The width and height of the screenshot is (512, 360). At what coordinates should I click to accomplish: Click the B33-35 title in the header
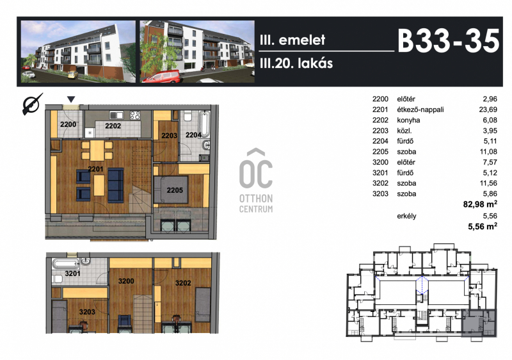(x=449, y=41)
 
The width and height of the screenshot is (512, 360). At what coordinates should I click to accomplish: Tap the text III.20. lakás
(x=296, y=63)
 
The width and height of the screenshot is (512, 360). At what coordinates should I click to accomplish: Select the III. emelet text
(x=292, y=40)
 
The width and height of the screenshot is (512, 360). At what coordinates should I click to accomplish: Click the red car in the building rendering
(x=162, y=76)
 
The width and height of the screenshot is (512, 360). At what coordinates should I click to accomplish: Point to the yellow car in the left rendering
(x=73, y=75)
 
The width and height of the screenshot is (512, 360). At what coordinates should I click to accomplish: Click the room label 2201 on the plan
(x=95, y=169)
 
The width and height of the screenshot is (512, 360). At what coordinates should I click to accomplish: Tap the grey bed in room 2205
(x=171, y=190)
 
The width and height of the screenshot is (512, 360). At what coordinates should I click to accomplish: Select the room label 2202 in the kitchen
(x=113, y=126)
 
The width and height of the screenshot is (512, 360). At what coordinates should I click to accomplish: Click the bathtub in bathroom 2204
(x=205, y=124)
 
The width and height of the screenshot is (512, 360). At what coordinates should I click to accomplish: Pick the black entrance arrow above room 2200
(x=71, y=99)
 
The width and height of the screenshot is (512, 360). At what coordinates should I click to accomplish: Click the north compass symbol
(x=32, y=104)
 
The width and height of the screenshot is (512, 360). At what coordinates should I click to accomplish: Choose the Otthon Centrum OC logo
(x=256, y=181)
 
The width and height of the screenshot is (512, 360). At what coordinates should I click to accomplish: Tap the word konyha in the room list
(x=408, y=120)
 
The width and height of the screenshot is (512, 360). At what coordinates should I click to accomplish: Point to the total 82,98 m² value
(x=480, y=204)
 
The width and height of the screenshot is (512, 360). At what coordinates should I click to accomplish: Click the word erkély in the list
(x=406, y=216)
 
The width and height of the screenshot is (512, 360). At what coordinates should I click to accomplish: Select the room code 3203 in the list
(x=380, y=193)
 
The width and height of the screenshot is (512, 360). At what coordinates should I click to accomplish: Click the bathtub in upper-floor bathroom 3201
(x=65, y=264)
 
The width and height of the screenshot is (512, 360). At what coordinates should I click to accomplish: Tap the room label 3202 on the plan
(x=183, y=283)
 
